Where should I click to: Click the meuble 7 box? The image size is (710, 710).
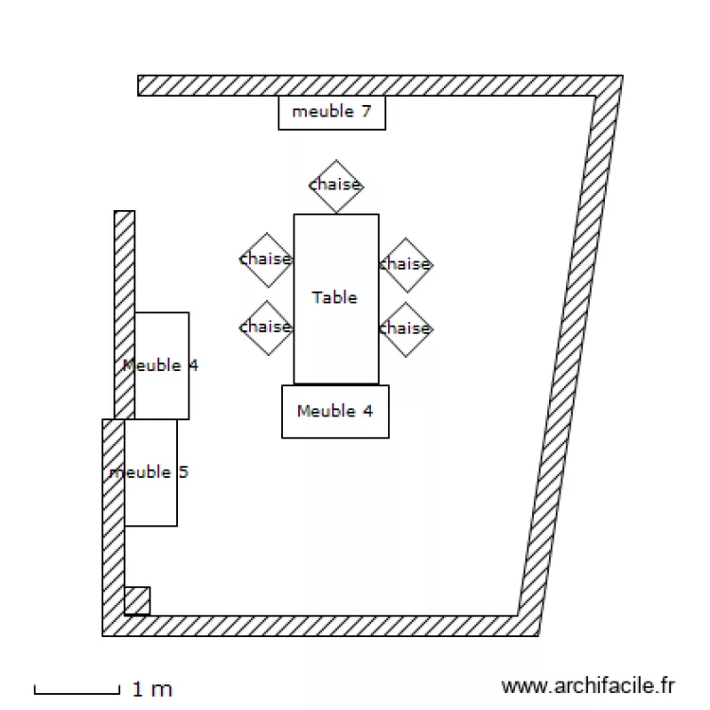[331, 113]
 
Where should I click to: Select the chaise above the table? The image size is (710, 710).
[336, 185]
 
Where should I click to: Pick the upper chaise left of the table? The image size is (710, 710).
[266, 259]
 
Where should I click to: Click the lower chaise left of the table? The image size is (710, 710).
[266, 328]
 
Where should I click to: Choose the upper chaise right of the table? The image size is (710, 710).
[405, 264]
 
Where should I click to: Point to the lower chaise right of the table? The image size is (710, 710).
[405, 329]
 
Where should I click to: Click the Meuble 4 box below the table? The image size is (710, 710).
[335, 412]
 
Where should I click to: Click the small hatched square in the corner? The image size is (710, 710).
[137, 600]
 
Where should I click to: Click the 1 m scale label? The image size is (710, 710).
[151, 689]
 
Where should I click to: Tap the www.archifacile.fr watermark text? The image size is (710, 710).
[589, 685]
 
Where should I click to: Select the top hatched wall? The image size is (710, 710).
[379, 85]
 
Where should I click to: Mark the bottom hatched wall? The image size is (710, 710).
[322, 626]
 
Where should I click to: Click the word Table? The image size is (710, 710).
[335, 297]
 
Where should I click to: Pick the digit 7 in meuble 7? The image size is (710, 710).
[365, 112]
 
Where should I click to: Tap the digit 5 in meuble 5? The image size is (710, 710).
[183, 471]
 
